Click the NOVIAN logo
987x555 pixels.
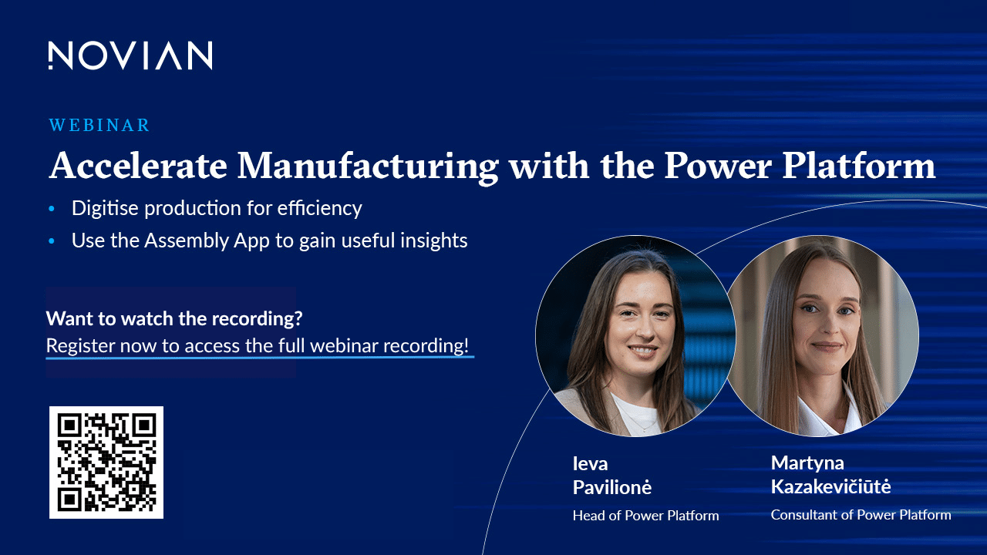(130, 55)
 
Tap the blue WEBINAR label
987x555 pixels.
(99, 125)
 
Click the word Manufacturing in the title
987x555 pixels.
(368, 166)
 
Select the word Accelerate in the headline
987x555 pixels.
(138, 166)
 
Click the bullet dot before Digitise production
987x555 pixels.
(52, 208)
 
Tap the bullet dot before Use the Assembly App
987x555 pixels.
(52, 241)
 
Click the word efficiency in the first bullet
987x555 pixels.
(319, 208)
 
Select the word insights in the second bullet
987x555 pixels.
(434, 240)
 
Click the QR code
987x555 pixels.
(106, 462)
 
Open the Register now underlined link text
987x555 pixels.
(258, 346)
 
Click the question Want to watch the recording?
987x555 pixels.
(174, 318)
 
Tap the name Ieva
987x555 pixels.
(590, 463)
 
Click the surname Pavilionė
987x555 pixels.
(612, 487)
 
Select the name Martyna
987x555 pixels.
(807, 463)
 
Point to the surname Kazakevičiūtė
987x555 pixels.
(830, 486)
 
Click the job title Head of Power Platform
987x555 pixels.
(645, 516)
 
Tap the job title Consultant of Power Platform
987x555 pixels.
(861, 514)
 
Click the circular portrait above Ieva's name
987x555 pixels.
(635, 336)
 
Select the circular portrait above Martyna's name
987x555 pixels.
(822, 336)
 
